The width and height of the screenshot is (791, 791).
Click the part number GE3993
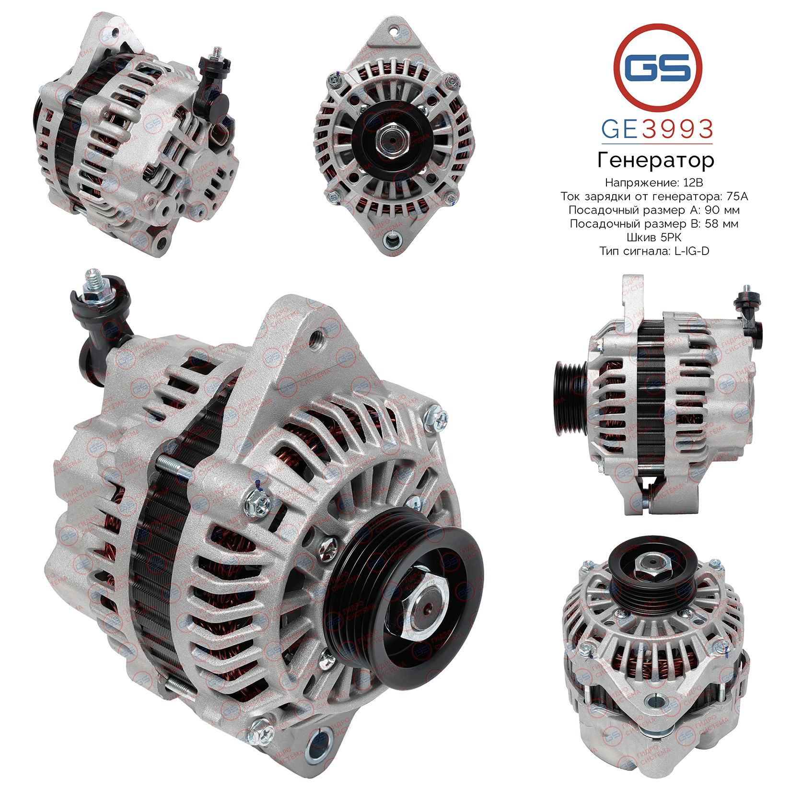(x=657, y=129)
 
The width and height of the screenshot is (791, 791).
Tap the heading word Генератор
(x=655, y=160)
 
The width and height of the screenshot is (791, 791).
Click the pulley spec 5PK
(x=670, y=237)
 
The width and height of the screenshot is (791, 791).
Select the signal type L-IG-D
(x=691, y=251)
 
